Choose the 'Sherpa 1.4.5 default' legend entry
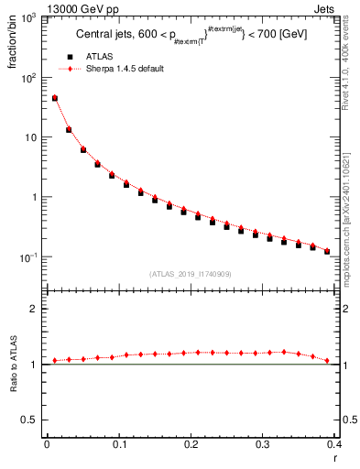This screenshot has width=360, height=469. [123, 69]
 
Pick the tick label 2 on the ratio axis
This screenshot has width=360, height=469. [34, 309]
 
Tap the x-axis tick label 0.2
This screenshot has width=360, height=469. [191, 446]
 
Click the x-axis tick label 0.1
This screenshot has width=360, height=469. [118, 446]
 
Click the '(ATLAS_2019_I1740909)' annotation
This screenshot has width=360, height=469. [191, 274]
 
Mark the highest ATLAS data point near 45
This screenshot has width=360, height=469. [54, 98]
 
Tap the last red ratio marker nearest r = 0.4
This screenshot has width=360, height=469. [327, 360]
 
